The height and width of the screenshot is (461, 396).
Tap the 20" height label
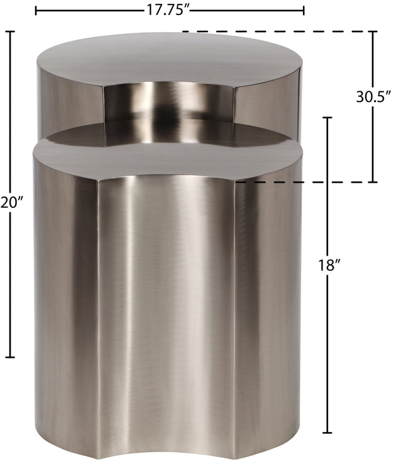coord(11,203)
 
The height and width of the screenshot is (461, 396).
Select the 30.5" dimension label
coord(374,96)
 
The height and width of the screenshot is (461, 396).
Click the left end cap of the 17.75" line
coord(36,11)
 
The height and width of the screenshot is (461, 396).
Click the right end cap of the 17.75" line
coord(304,11)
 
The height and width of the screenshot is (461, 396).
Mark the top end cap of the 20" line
coord(10,31)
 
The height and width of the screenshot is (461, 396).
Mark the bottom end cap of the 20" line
coord(10,357)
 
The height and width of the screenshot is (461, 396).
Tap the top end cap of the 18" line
coord(327,117)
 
